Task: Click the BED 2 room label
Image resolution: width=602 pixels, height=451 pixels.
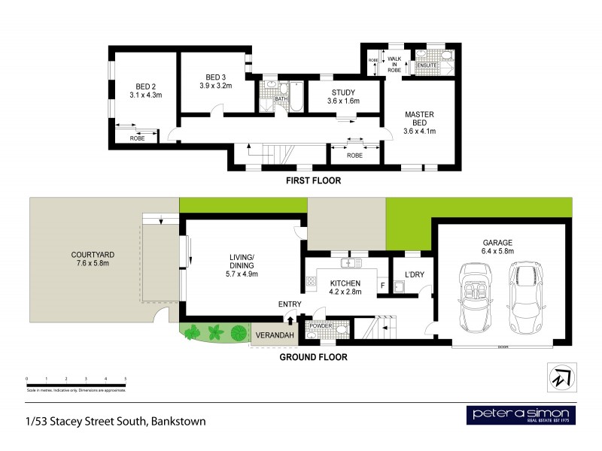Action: coord(146,86)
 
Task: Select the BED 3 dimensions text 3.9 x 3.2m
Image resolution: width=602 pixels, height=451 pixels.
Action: coord(216,86)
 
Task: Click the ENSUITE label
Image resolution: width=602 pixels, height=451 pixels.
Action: coord(427,65)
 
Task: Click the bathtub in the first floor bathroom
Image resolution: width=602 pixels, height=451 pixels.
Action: coord(296,95)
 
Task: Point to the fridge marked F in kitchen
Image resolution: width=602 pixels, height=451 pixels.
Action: coord(382,285)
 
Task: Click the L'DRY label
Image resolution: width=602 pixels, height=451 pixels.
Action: coord(415,274)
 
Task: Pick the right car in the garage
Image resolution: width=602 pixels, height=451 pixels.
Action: coord(527,296)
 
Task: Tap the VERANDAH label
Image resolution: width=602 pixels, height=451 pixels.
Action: coord(274,335)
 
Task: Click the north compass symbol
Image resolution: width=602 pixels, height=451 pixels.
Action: coord(561,376)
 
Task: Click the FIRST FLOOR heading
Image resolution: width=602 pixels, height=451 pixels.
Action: coord(313,180)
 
